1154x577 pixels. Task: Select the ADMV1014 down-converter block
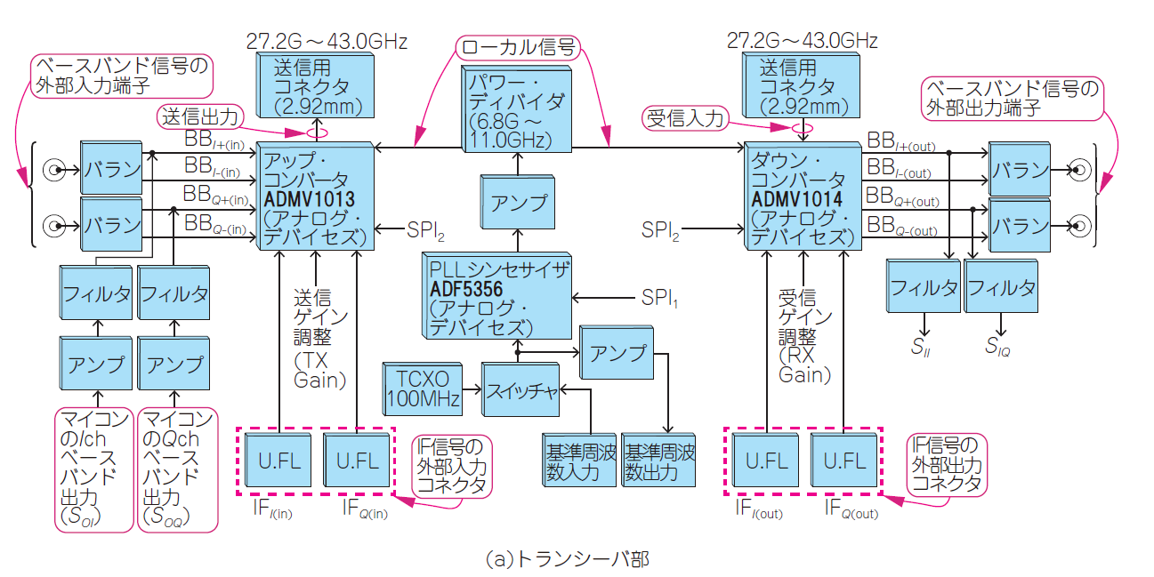[x=802, y=196]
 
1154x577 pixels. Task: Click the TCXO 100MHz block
[x=423, y=389]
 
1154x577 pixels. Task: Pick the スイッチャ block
[x=520, y=389]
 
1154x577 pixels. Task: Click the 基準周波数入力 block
[x=578, y=461]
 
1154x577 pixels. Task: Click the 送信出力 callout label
[x=200, y=116]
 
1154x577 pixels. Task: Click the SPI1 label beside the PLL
[x=658, y=297]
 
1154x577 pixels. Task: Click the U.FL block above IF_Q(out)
[x=844, y=461]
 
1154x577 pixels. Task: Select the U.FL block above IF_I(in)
[x=278, y=461]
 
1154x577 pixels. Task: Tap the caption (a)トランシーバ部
[x=568, y=559]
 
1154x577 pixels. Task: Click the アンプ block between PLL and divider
[x=518, y=202]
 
